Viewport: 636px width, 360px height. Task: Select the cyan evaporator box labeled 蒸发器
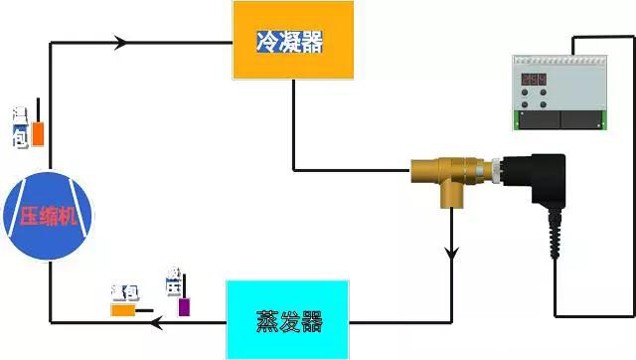(x=288, y=319)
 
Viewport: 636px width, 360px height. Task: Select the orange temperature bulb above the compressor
(x=38, y=133)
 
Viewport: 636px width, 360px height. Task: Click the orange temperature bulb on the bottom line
(x=123, y=309)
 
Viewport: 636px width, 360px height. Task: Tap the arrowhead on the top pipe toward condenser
(x=122, y=43)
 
